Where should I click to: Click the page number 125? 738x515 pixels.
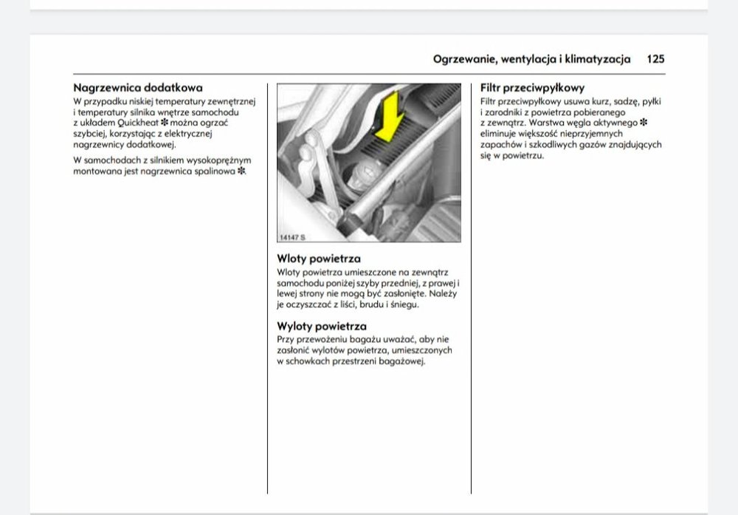pyautogui.click(x=655, y=59)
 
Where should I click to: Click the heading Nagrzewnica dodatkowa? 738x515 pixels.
pyautogui.click(x=138, y=88)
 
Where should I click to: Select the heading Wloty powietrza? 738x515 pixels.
pyautogui.click(x=319, y=259)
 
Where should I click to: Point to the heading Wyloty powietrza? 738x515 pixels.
pyautogui.click(x=322, y=326)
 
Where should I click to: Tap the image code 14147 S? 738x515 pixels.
pyautogui.click(x=292, y=237)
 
